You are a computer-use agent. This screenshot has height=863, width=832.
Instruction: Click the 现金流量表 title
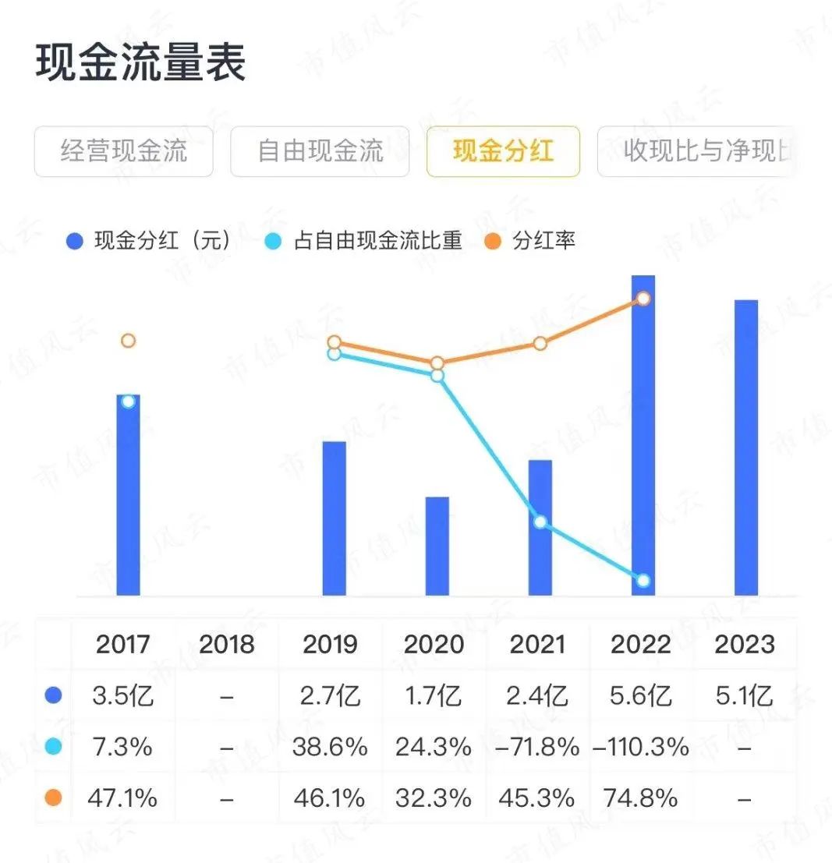[141, 62]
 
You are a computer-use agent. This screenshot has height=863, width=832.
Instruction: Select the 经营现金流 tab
[124, 151]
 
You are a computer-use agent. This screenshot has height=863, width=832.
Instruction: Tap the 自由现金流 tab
[320, 151]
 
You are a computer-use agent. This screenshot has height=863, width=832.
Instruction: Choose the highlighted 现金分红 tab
[503, 151]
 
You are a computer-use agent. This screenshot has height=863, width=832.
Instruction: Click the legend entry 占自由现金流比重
[366, 241]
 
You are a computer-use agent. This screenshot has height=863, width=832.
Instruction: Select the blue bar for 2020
[437, 546]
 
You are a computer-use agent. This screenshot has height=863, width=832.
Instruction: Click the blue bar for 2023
[746, 447]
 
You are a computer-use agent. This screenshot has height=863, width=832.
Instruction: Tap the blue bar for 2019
[335, 518]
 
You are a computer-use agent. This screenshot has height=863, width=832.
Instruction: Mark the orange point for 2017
[129, 341]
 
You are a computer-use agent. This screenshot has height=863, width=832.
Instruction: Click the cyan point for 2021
[540, 522]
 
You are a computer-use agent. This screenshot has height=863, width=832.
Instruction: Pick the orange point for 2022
[643, 299]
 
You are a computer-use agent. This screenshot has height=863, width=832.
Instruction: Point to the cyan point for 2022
[643, 581]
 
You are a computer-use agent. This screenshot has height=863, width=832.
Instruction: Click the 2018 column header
[227, 645]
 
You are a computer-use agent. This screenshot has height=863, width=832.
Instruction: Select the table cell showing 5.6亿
[641, 695]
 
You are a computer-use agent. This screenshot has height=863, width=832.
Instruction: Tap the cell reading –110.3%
[642, 747]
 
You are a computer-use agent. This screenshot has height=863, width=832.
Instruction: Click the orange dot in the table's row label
[53, 798]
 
